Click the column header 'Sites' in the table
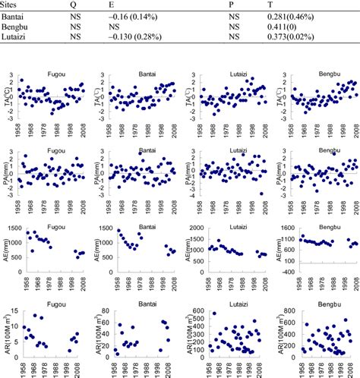(x=13, y=5)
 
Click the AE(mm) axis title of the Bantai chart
(x=96, y=250)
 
